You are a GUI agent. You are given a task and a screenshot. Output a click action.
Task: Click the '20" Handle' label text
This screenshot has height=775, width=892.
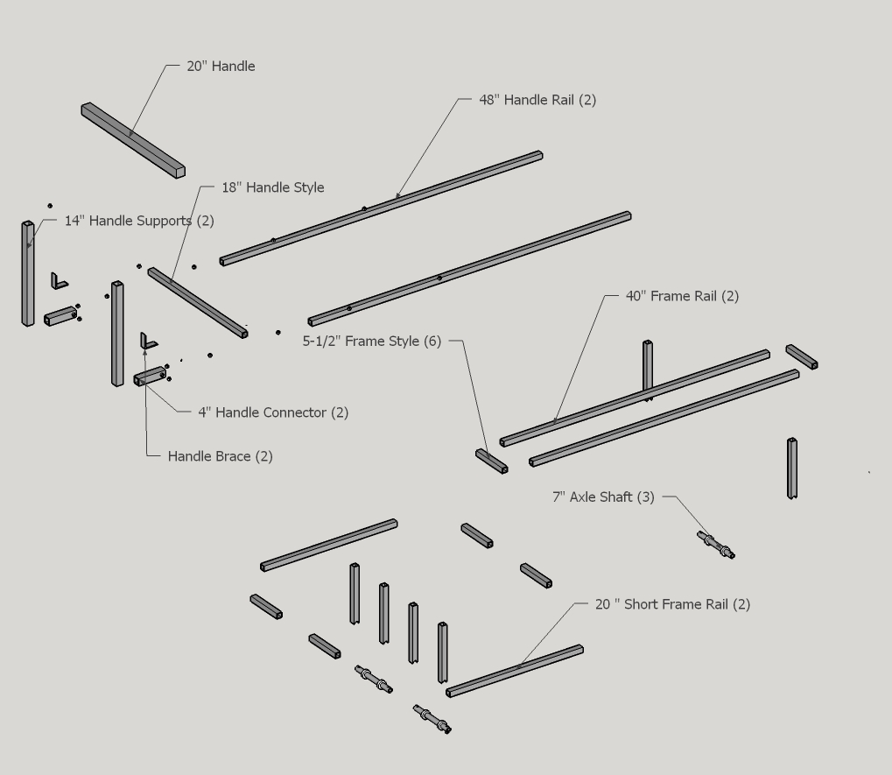(x=221, y=66)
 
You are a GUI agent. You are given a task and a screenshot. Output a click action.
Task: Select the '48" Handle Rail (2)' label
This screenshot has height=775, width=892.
(x=537, y=100)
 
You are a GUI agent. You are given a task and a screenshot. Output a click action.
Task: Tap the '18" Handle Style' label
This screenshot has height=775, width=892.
(x=272, y=187)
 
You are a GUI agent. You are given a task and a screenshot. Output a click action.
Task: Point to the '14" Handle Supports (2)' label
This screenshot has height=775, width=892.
(x=139, y=221)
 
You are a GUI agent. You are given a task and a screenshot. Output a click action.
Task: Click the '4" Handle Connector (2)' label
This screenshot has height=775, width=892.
(x=273, y=412)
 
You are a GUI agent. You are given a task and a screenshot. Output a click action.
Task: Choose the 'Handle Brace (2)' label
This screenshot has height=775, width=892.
(x=221, y=456)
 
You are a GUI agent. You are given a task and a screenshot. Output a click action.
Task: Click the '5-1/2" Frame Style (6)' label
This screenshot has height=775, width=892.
(x=371, y=342)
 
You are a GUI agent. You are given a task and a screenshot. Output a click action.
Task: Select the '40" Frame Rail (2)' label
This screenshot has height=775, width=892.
(x=682, y=296)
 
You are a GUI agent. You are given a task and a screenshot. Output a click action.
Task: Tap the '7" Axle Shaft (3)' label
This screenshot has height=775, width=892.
(x=604, y=497)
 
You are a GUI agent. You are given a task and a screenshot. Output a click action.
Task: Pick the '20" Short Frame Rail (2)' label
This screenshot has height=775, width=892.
(x=672, y=604)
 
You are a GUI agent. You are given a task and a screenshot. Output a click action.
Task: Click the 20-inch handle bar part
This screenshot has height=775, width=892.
(x=133, y=140)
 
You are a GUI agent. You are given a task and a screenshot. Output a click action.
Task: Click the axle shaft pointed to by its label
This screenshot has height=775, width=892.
(x=716, y=545)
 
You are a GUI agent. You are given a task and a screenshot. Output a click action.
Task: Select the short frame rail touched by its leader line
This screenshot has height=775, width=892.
(x=515, y=671)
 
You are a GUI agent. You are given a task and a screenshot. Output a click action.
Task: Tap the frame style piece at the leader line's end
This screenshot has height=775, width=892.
(x=491, y=461)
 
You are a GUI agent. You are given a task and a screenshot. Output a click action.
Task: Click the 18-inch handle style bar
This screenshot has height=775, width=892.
(x=198, y=303)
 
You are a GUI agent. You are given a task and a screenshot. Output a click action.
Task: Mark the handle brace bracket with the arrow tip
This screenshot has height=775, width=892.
(x=149, y=342)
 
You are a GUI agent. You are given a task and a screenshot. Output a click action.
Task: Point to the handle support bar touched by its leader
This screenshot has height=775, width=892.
(x=28, y=273)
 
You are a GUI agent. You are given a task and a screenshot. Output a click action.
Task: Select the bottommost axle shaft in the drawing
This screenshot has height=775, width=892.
(x=432, y=719)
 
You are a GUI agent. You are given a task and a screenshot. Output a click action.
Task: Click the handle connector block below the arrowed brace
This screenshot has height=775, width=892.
(x=151, y=377)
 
